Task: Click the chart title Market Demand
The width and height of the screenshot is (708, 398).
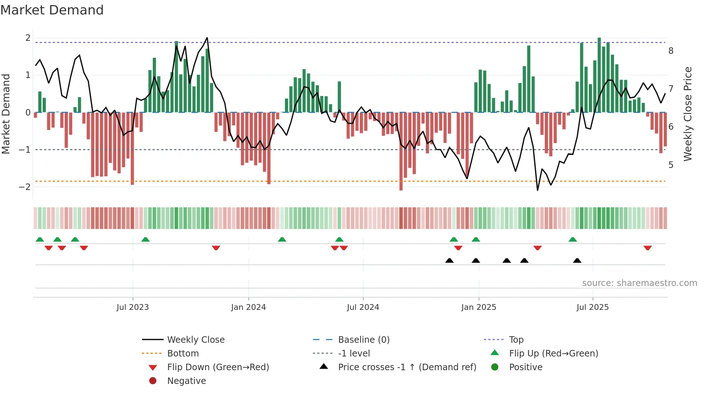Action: (52, 10)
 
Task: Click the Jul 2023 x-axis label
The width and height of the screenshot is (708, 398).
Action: (133, 307)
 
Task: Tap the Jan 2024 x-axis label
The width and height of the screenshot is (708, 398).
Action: (249, 307)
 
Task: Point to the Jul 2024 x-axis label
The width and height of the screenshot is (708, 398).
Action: (363, 307)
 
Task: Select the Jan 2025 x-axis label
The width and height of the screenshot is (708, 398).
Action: (479, 307)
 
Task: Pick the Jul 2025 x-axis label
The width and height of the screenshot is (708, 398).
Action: (592, 307)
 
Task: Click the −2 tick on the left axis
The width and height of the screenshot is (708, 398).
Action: (25, 187)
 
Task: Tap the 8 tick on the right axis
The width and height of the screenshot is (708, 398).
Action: (671, 51)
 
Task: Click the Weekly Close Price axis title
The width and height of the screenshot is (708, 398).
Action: (688, 114)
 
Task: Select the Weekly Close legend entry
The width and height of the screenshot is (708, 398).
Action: (195, 340)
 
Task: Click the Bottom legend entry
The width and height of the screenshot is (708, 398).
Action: (183, 354)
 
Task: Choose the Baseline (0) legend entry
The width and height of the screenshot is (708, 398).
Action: (363, 340)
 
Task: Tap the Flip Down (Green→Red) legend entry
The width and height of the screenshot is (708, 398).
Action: (218, 367)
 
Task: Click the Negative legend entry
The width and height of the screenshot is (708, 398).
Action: (186, 381)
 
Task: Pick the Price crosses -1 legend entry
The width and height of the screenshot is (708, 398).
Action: (407, 367)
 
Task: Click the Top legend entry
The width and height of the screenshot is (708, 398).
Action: (516, 340)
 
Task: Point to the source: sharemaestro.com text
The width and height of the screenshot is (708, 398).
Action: (639, 283)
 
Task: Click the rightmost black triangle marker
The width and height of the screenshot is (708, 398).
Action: (577, 261)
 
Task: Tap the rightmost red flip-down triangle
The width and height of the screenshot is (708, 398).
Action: (647, 248)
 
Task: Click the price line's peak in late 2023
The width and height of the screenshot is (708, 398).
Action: (207, 38)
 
